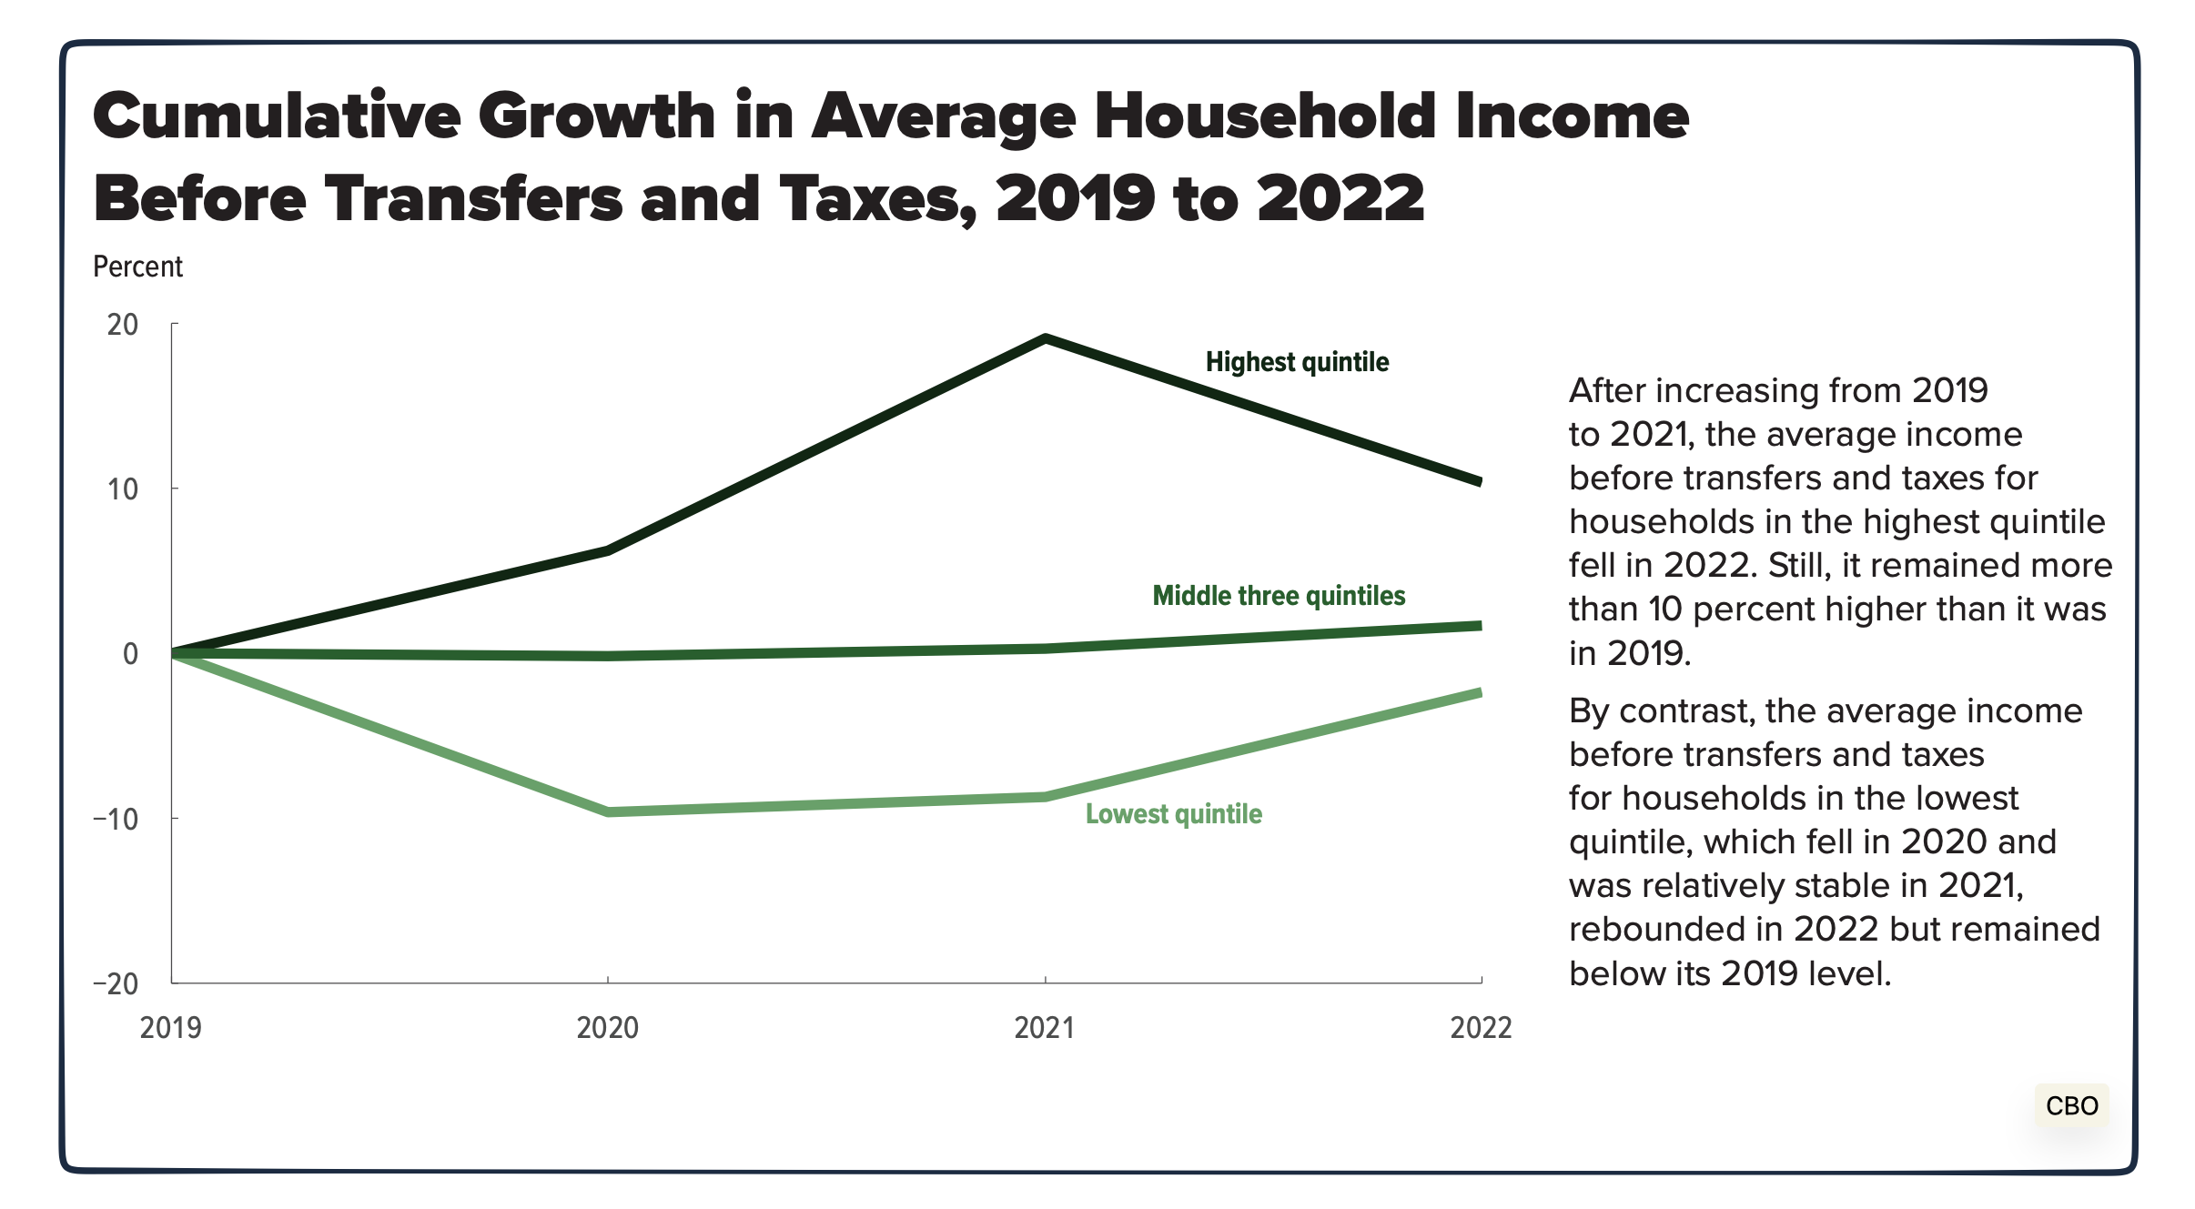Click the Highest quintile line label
[1297, 362]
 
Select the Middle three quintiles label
[1279, 596]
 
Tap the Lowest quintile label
[1173, 813]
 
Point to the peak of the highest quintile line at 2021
[1046, 339]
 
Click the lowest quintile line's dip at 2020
[608, 811]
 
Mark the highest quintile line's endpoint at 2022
[1479, 481]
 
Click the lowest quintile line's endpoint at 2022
[1479, 693]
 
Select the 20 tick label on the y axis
[123, 325]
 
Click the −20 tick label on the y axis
[116, 983]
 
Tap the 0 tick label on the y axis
[130, 653]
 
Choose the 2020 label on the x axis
[608, 1028]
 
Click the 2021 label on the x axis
[1045, 1028]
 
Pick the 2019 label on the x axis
[171, 1028]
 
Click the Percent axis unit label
[137, 267]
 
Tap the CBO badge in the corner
[2071, 1105]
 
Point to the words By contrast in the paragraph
[1661, 710]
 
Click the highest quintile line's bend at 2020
[608, 550]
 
